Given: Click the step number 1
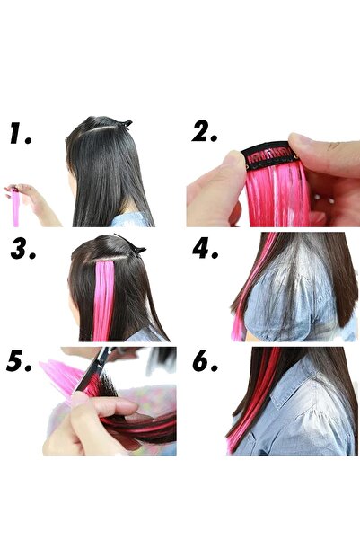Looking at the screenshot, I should (x=21, y=134).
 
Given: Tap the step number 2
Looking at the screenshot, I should (x=206, y=131).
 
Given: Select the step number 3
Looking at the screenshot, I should (x=23, y=248).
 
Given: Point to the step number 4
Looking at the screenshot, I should (x=206, y=246).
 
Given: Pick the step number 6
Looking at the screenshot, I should (x=206, y=363).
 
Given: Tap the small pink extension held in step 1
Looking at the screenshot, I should (x=16, y=208).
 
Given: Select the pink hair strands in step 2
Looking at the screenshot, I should (x=278, y=198).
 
